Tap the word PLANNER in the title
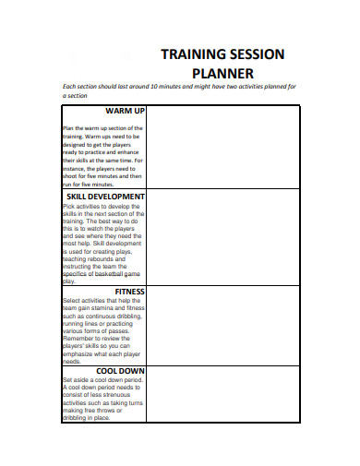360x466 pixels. [x=222, y=74]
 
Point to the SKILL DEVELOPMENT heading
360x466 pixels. [x=105, y=197]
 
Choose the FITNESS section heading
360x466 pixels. [x=128, y=292]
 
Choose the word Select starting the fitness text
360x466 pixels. [x=72, y=301]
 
